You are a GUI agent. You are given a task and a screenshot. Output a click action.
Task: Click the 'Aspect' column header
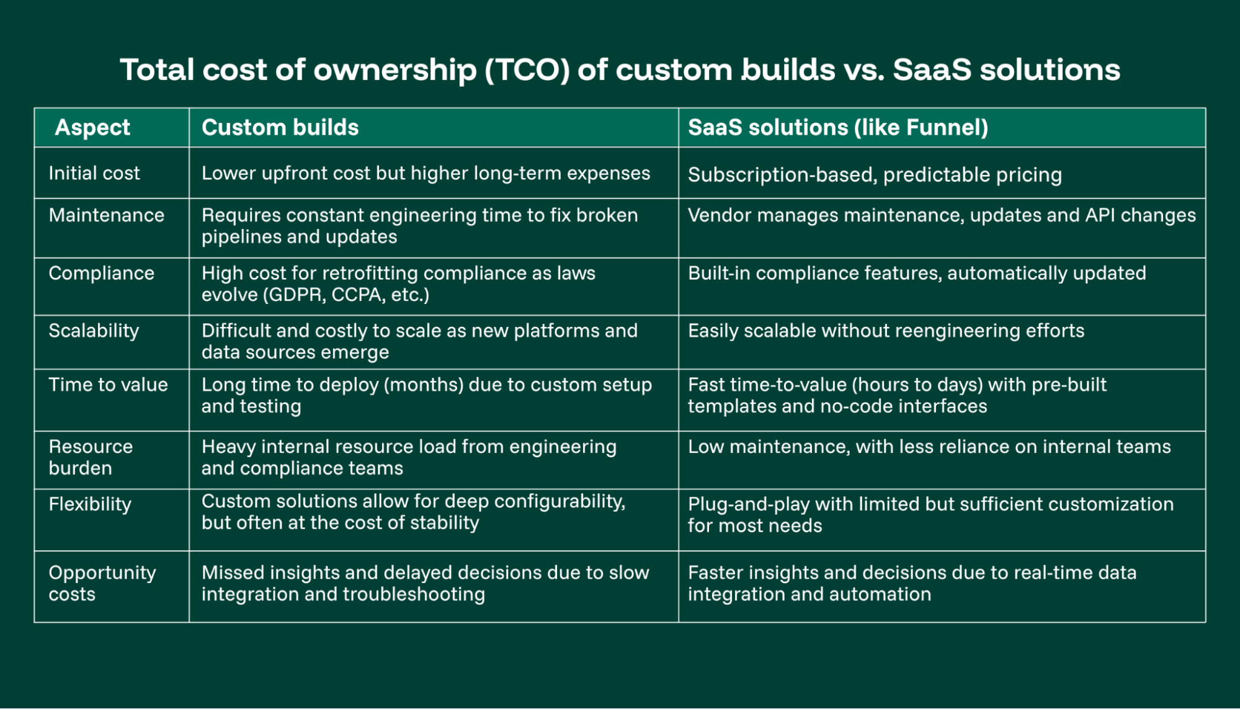coord(92,128)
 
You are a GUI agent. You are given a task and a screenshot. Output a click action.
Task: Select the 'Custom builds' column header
coord(280,128)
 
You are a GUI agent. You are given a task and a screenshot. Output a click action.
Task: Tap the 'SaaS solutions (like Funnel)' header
coord(837,128)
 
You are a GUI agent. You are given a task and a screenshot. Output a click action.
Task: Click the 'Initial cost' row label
coord(94,174)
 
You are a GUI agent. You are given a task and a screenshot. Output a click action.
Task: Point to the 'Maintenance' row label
coord(107,215)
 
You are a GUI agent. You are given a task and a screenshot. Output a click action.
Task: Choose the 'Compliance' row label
coord(101,274)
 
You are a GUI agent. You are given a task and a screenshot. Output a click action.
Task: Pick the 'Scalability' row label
coord(94,331)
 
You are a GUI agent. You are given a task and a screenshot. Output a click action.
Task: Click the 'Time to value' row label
coord(108,385)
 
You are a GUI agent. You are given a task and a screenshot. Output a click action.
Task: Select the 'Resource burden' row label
coord(91,457)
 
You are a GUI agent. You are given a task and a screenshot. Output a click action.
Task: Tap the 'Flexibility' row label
coord(90,504)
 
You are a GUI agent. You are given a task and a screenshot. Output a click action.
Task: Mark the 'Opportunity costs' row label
coord(102,583)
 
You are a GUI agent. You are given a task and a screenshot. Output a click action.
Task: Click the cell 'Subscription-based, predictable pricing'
coord(875,175)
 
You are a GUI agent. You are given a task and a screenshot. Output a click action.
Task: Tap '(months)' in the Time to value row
coord(424,385)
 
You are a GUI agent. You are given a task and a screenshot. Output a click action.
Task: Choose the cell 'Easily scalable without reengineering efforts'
coord(886,331)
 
